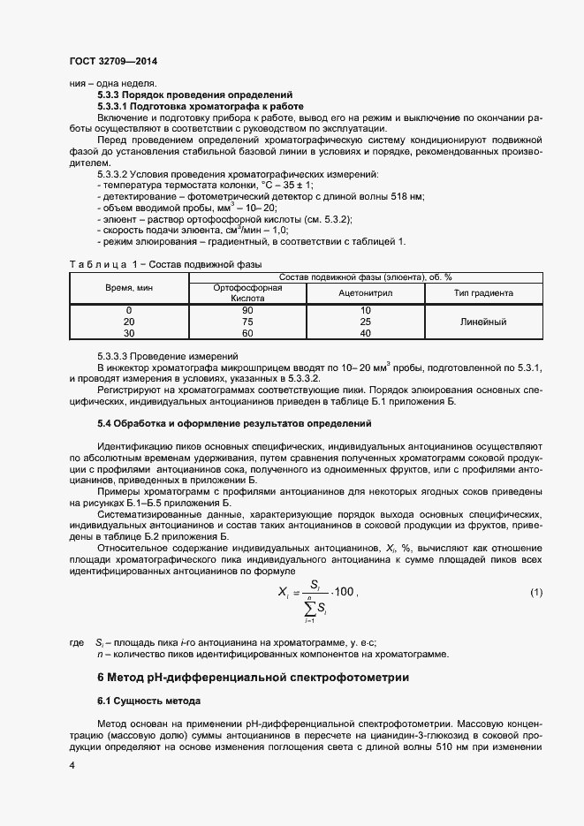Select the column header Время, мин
point(129,289)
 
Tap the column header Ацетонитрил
point(366,293)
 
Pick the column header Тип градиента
point(483,293)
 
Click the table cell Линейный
point(483,322)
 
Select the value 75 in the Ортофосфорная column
point(248,322)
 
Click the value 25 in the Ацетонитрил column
point(366,322)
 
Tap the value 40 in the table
point(366,334)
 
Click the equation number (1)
point(535,591)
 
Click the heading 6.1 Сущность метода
point(149,701)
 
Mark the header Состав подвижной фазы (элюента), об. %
point(365,277)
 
